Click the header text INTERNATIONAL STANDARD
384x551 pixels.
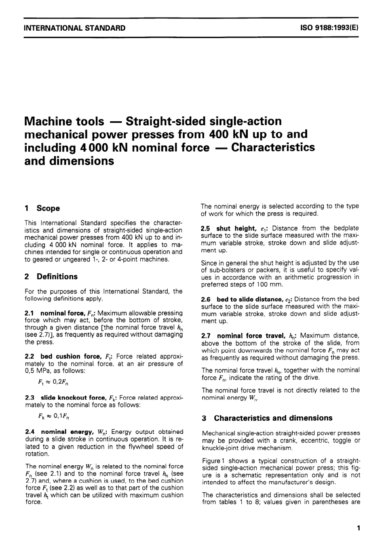click(75, 28)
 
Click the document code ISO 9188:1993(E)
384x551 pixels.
click(329, 28)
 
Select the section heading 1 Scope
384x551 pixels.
click(42, 208)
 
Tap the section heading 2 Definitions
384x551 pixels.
click(51, 277)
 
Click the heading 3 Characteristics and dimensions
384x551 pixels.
click(267, 418)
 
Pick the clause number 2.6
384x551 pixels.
click(206, 299)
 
